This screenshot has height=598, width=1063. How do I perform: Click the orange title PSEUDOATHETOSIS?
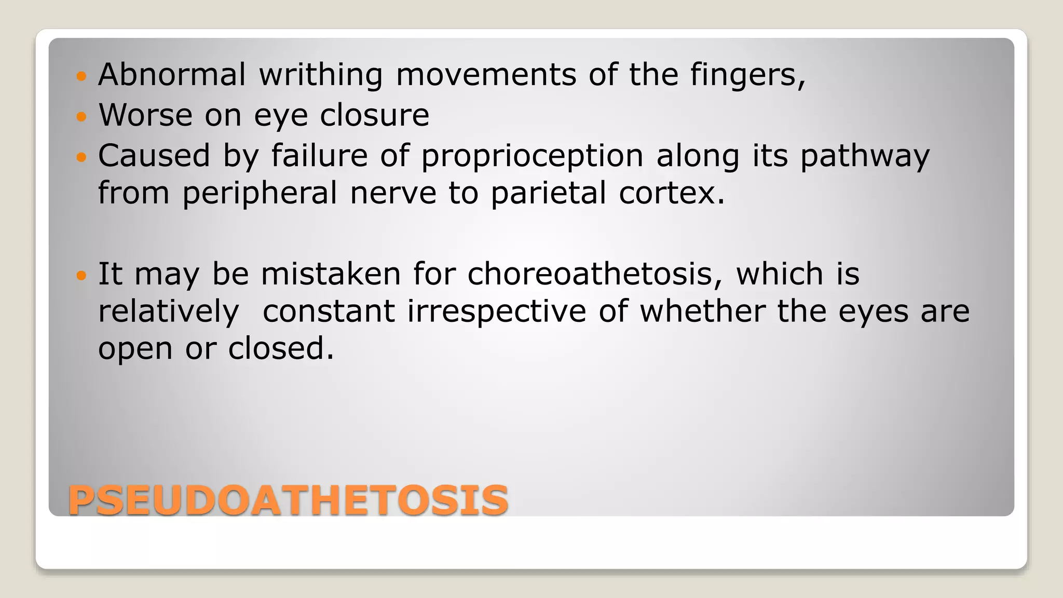[288, 500]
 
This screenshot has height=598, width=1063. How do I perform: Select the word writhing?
[321, 75]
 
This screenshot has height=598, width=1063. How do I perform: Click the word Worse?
[145, 115]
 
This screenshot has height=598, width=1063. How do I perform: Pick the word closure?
[374, 115]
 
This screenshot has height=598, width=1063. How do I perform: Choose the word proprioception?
[532, 156]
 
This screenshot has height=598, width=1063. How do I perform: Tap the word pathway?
[865, 156]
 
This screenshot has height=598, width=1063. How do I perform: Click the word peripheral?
[260, 193]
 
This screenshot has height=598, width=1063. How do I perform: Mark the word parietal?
[548, 193]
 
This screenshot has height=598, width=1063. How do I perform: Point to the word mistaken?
[331, 274]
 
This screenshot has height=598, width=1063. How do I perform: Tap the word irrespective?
[497, 311]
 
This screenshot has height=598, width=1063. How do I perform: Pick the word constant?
[329, 311]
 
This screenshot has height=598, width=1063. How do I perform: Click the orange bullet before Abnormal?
[80, 76]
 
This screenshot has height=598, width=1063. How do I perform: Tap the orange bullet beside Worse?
[80, 116]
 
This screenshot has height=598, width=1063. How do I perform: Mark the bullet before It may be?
[80, 275]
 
